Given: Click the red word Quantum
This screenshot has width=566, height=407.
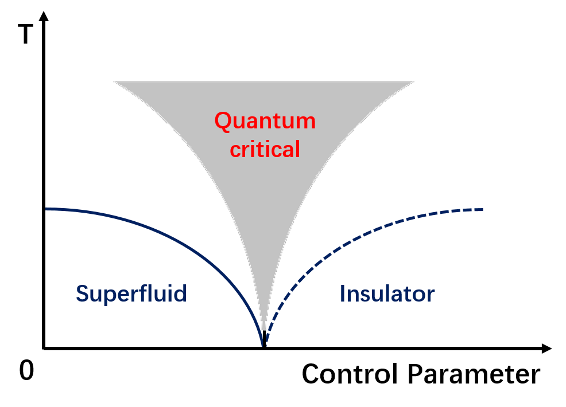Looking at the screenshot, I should [x=265, y=121].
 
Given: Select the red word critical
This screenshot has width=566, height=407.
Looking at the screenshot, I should [x=265, y=150].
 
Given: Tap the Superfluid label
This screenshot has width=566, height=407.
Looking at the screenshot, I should [x=131, y=294].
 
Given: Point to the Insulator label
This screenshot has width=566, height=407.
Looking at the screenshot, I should [x=387, y=294].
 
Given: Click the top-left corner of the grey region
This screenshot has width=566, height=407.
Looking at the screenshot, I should [x=114, y=82].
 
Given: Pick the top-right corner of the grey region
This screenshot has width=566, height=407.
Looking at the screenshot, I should [x=413, y=82].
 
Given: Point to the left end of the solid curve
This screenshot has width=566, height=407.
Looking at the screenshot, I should [x=47, y=209].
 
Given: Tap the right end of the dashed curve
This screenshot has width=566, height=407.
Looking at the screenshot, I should [x=482, y=210].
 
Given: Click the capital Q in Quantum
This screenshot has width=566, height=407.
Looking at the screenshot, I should [x=223, y=122].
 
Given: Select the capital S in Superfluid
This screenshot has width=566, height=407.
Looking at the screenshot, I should [x=82, y=294].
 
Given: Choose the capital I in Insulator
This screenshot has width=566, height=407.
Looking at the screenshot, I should [x=342, y=294].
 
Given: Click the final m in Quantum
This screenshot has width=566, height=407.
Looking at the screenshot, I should [x=307, y=123].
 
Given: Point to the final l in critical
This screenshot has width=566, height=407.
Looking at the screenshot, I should [x=297, y=149].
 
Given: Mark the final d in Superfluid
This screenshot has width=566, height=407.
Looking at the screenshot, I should [x=181, y=294].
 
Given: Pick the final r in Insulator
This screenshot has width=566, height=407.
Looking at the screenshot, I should [x=431, y=296].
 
